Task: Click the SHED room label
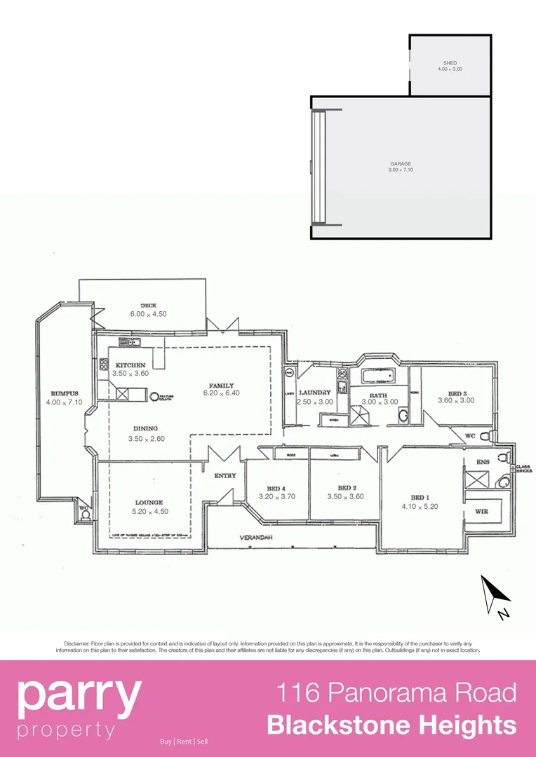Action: coord(450,63)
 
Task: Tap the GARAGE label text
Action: coord(401,164)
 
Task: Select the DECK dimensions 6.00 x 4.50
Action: coord(148,314)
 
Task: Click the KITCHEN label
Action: coord(130,365)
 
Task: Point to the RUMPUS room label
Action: coord(64,393)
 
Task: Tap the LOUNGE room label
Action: coord(150,502)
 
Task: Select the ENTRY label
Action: coord(225,475)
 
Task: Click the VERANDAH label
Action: coord(256,538)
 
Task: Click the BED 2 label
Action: coord(345,487)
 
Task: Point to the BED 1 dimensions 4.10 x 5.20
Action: coord(420,505)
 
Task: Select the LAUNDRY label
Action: coord(314,393)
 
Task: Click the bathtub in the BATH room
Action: coord(378,376)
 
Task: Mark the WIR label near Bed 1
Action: coord(481,512)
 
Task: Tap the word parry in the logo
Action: coord(79,695)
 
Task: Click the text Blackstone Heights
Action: coord(391,725)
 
